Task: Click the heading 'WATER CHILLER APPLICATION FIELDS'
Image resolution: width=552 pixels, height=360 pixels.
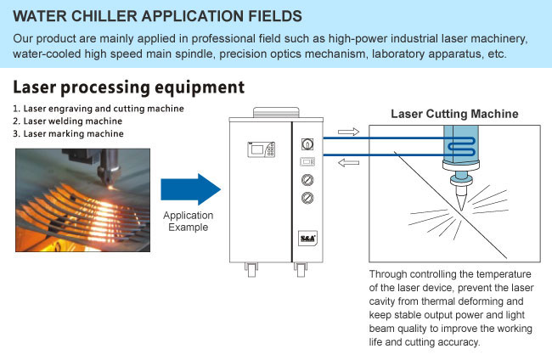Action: [x=157, y=16]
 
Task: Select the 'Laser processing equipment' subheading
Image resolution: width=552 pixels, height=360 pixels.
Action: [x=128, y=87]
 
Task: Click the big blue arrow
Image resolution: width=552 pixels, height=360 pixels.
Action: [x=190, y=189]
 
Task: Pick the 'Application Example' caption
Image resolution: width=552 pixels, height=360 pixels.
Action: [x=188, y=221]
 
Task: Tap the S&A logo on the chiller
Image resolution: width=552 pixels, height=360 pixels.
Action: [x=307, y=239]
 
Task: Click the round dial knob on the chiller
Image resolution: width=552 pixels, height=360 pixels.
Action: [x=307, y=144]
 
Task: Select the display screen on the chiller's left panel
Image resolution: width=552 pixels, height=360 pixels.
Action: [x=257, y=149]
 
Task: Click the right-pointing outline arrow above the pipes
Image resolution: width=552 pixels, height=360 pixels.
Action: [x=348, y=132]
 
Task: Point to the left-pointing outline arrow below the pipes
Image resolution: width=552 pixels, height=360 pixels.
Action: [x=348, y=162]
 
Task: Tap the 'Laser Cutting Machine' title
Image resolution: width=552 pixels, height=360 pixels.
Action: [x=454, y=114]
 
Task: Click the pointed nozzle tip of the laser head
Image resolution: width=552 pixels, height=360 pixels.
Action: [x=461, y=210]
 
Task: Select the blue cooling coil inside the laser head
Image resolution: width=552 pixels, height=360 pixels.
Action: [x=461, y=147]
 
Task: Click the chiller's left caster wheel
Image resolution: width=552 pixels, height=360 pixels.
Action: [x=251, y=270]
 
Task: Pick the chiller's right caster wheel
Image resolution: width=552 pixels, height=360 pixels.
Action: [x=301, y=270]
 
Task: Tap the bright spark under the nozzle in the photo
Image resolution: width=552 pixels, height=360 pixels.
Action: [x=111, y=188]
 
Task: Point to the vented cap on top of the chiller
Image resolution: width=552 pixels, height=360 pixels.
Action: [x=276, y=112]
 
